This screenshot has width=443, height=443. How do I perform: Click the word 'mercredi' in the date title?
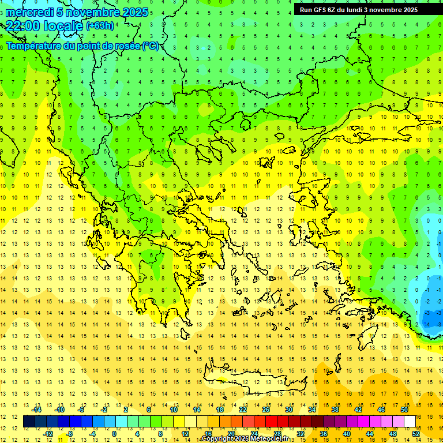click(29, 12)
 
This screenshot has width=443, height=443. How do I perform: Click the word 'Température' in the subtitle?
click(36, 46)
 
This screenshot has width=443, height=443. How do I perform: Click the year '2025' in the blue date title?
click(135, 12)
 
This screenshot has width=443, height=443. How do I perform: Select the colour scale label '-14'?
click(37, 410)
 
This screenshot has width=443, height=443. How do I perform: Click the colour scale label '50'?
click(404, 410)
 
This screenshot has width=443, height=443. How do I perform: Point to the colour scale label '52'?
click(416, 434)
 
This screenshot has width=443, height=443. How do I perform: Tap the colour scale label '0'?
click(114, 434)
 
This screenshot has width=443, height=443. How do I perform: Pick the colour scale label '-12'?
click(48, 434)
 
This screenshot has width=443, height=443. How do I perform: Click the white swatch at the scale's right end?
click(410, 422)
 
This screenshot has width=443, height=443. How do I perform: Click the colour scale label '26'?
click(265, 410)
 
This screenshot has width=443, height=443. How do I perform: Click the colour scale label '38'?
click(335, 410)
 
